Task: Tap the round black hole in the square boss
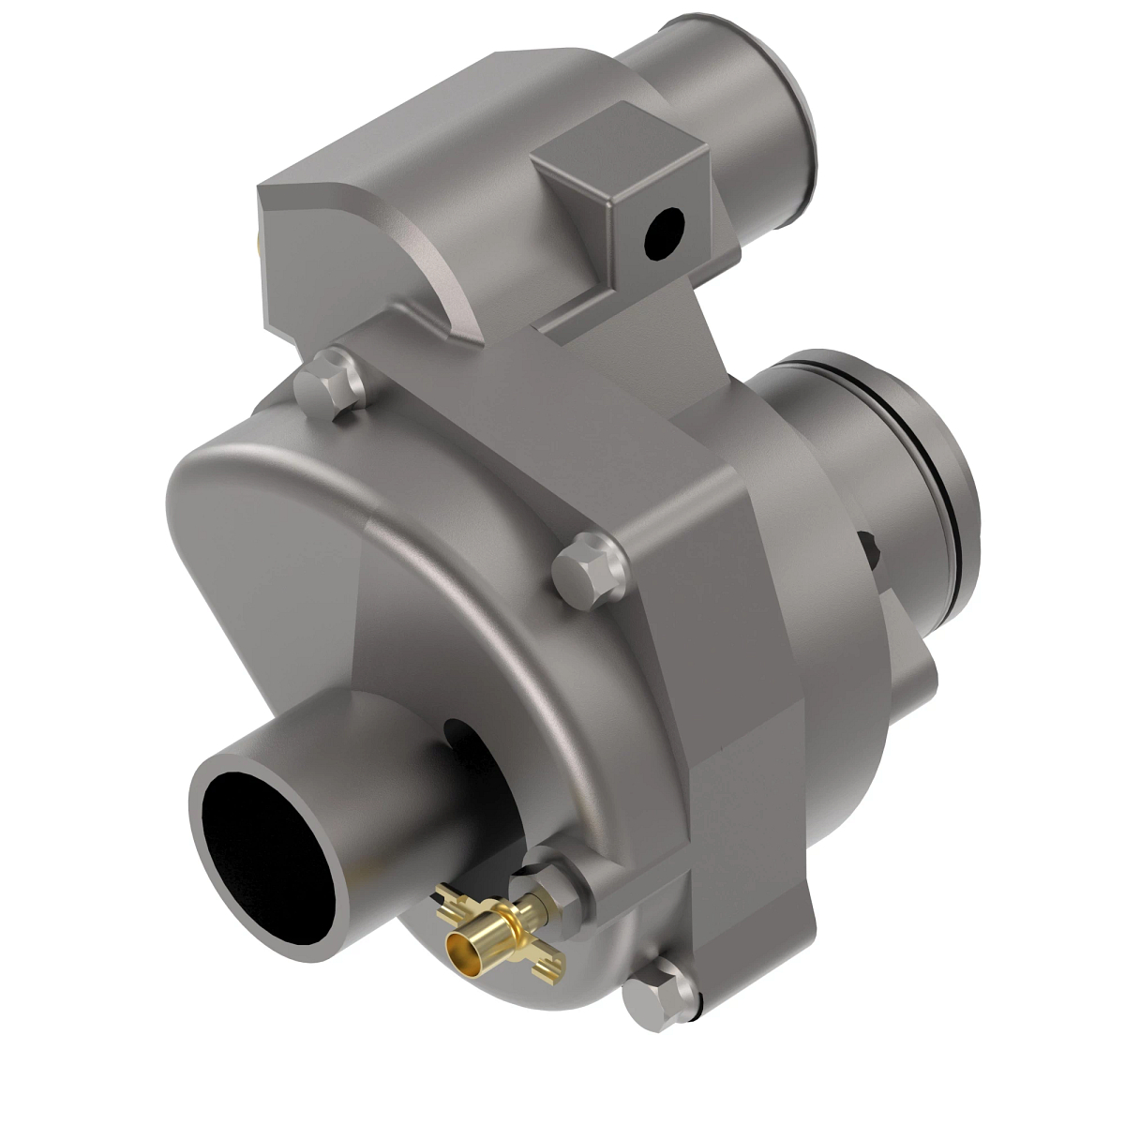pyautogui.click(x=666, y=231)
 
